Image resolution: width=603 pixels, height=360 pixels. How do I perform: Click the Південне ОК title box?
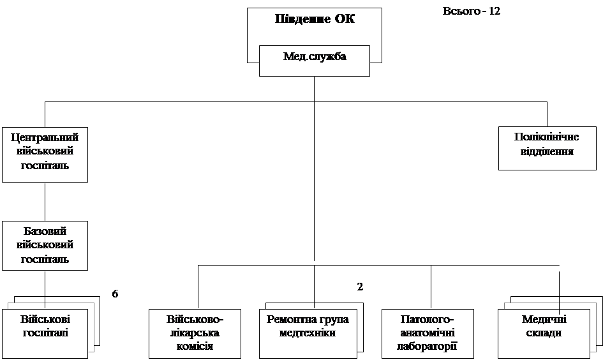(314, 26)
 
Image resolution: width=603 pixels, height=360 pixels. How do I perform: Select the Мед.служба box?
(314, 61)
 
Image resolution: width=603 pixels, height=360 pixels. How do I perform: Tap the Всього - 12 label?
(485, 13)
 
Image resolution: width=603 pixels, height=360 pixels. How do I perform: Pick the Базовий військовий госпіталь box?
(45, 246)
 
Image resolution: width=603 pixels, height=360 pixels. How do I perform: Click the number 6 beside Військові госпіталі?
(116, 294)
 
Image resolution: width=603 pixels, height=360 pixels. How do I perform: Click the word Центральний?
(45, 137)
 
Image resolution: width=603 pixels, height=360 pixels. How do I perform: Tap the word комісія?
(195, 347)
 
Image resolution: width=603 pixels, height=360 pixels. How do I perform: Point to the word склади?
(546, 333)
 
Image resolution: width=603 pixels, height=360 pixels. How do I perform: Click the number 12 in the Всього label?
(494, 12)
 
